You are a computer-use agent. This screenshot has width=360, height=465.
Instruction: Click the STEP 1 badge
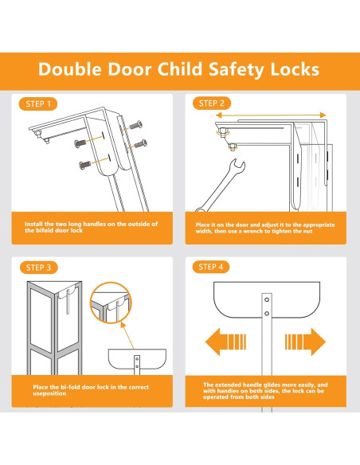38,104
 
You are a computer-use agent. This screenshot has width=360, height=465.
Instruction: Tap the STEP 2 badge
211,104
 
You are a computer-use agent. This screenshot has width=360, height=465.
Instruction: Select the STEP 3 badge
38,268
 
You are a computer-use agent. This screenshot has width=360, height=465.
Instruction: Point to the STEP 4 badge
211,267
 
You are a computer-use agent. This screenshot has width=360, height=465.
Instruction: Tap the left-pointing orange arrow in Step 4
225,342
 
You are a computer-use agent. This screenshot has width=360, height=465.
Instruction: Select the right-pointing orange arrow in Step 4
305,342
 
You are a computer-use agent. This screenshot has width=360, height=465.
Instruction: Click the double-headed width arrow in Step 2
271,115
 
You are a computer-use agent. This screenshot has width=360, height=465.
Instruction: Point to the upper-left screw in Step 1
80,143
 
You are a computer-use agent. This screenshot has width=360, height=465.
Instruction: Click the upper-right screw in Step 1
136,125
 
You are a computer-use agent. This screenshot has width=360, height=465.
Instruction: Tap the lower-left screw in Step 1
84,165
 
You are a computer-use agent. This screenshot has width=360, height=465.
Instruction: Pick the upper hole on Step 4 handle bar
267,299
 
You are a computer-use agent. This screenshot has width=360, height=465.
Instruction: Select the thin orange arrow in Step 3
127,334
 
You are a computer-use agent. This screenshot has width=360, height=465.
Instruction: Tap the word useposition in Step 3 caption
49,394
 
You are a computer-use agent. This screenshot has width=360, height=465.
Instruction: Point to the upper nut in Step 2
221,131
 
